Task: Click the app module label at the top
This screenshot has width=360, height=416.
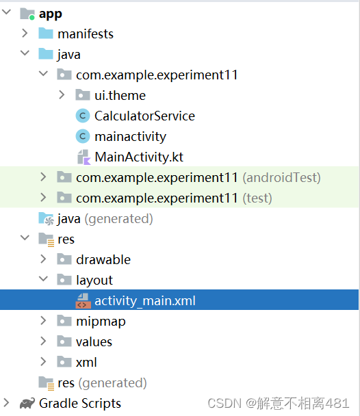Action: point(51,14)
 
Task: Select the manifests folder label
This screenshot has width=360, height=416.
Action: point(85,34)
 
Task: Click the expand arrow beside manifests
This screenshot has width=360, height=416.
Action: point(25,34)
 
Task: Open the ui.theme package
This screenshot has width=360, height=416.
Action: point(120,96)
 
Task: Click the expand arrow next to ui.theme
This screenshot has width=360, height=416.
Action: point(62,96)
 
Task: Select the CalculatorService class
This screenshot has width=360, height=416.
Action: point(144,116)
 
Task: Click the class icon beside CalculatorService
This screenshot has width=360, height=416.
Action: point(83,116)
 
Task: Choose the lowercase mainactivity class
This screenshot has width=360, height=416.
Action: point(130,137)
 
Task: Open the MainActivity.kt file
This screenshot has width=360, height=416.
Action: point(139,157)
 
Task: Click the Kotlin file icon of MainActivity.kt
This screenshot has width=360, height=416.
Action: point(83,157)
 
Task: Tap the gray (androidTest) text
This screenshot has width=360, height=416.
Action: point(281,178)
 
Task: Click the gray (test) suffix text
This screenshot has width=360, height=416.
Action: point(257,198)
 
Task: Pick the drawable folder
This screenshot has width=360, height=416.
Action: point(103,260)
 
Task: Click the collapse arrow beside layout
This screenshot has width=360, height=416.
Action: point(44,281)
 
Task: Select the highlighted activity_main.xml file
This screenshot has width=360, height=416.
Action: point(145,301)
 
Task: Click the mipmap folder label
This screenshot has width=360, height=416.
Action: point(101,322)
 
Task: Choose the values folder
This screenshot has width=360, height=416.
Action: point(94,342)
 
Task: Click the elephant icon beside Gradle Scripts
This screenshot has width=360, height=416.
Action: point(27,404)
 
